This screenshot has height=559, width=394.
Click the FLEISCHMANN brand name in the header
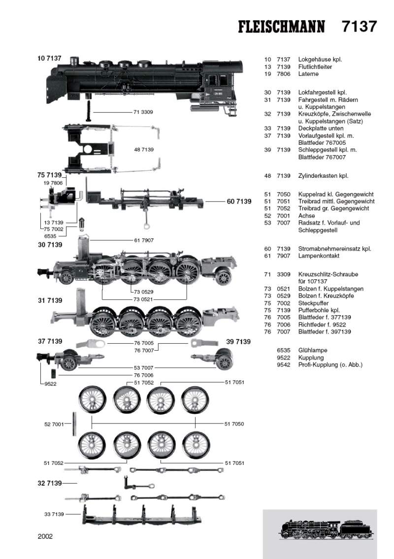[281, 27]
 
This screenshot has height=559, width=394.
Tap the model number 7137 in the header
[359, 27]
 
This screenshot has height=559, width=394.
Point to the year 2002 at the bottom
[45, 536]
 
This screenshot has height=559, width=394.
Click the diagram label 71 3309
[143, 112]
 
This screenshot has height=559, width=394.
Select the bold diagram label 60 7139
[239, 201]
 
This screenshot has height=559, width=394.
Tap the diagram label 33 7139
[54, 514]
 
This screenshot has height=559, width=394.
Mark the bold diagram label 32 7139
[50, 483]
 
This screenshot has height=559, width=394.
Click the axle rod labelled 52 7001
[74, 424]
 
